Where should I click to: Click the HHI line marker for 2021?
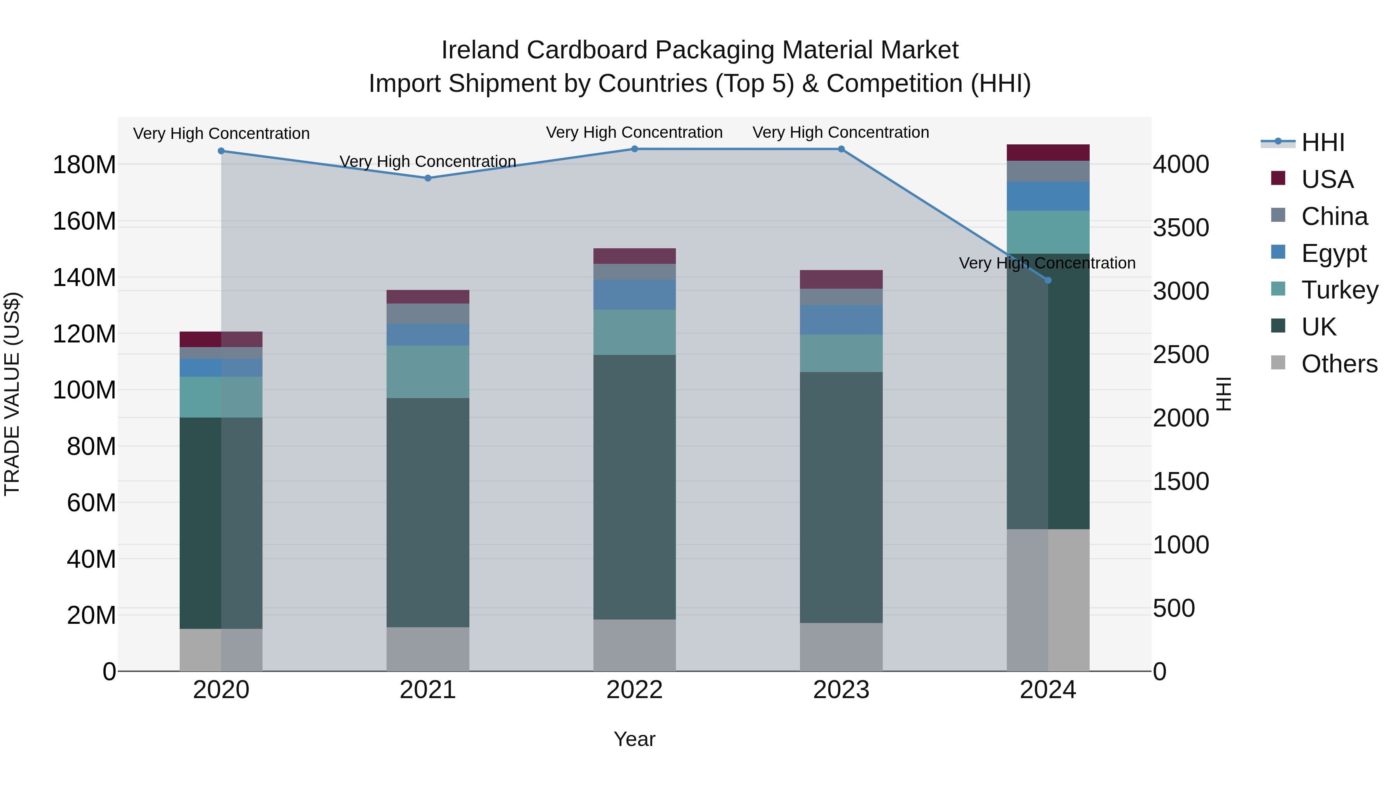pyautogui.click(x=428, y=178)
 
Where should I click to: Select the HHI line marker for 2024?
pyautogui.click(x=1048, y=280)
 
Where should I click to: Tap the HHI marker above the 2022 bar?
pyautogui.click(x=634, y=149)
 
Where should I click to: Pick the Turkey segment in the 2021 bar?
pyautogui.click(x=428, y=372)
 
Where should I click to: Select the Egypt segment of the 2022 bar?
pyautogui.click(x=634, y=295)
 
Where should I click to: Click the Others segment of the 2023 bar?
pyautogui.click(x=841, y=647)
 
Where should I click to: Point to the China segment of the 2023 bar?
pyautogui.click(x=841, y=297)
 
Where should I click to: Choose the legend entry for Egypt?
pyautogui.click(x=1333, y=253)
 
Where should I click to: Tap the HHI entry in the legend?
pyautogui.click(x=1322, y=142)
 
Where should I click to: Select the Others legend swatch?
pyautogui.click(x=1278, y=363)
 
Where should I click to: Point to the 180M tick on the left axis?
pyautogui.click(x=84, y=164)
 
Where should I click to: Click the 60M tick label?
pyautogui.click(x=91, y=502)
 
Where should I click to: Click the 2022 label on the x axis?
pyautogui.click(x=634, y=690)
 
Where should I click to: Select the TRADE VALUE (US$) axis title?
pyautogui.click(x=12, y=394)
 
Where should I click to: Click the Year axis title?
pyautogui.click(x=634, y=739)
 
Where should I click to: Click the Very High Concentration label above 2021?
pyautogui.click(x=428, y=161)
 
